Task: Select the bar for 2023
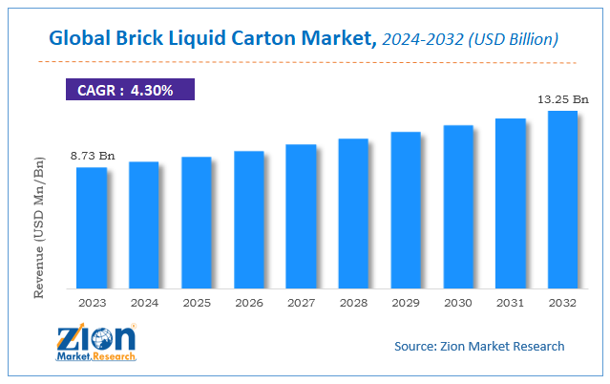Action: click(x=92, y=227)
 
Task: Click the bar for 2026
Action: click(x=249, y=220)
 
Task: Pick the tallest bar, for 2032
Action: click(x=562, y=200)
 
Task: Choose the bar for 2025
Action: click(x=197, y=223)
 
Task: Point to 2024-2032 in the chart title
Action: click(x=423, y=39)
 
